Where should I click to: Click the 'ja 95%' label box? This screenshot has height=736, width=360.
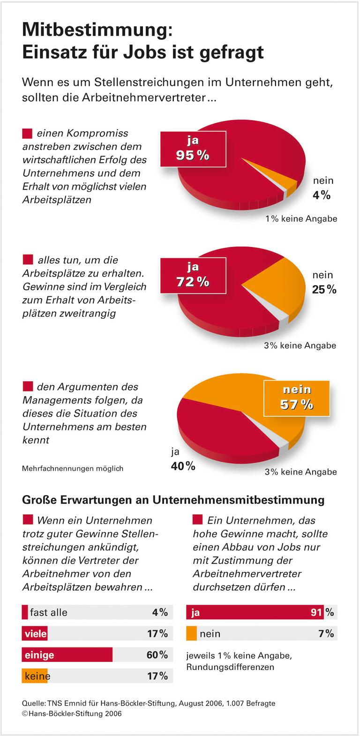coord(193,149)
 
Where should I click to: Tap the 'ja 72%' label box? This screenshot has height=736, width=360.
coord(193,275)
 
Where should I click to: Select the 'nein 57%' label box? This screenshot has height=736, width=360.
coord(296,398)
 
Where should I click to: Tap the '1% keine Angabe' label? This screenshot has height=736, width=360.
coord(301,219)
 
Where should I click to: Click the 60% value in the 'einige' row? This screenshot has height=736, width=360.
coord(157,655)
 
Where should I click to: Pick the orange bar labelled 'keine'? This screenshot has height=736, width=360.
coord(35,676)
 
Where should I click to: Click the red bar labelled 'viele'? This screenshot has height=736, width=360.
coord(35,634)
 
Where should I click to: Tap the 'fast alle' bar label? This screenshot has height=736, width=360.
coord(48,612)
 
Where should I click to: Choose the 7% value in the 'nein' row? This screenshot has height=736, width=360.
coord(326,634)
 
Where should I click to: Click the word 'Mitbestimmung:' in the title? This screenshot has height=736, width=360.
coord(97,30)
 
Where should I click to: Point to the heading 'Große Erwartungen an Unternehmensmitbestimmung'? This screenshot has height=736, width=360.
coord(173,500)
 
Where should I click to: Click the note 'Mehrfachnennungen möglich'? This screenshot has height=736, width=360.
coord(73,468)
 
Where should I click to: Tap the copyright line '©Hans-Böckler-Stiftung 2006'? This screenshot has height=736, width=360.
coord(72,713)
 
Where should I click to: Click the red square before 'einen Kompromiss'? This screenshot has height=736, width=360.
coord(28,134)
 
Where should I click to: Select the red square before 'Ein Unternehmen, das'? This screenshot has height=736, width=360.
coord(197,520)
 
